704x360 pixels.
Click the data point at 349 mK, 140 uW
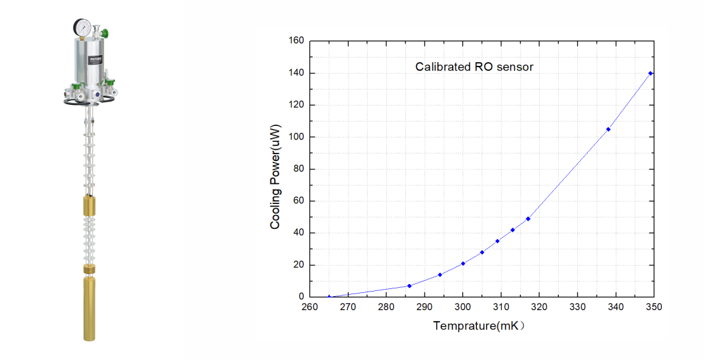pos(650,73)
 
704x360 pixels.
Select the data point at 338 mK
pos(608,129)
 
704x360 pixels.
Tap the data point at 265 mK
pos(329,297)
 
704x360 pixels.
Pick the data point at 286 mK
pos(409,286)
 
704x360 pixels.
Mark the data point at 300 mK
pos(463,263)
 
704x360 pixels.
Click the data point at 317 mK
pos(528,219)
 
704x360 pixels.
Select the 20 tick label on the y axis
pos(298,265)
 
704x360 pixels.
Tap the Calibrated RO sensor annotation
pos(474,67)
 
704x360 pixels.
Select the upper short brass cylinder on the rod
pos(89,206)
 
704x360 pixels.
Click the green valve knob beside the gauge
pos(106,34)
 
